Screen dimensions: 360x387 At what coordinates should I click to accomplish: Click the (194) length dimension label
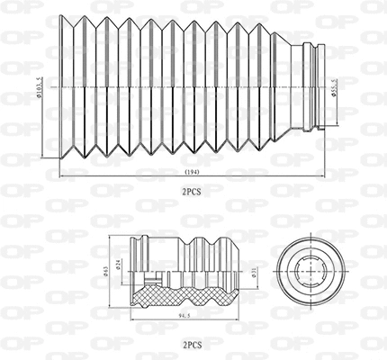click(193, 170)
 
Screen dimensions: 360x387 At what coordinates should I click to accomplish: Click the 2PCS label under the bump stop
click(193, 345)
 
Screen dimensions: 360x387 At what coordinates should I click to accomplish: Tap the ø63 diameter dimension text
click(108, 269)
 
